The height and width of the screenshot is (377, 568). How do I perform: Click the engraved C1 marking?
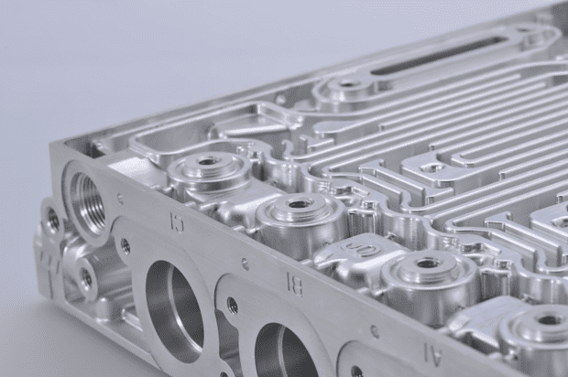coord(177,220)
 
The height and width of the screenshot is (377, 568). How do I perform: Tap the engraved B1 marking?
coord(294,283)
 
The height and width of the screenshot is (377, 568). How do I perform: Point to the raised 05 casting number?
coord(364,249)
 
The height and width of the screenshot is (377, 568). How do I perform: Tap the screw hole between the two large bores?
coord(232,306)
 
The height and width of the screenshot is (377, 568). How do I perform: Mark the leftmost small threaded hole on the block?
coord(53,220)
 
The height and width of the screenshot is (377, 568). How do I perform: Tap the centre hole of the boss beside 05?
coord(427,264)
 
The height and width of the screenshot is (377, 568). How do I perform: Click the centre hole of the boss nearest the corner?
coord(209,162)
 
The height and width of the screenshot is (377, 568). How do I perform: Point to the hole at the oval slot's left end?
coord(349,84)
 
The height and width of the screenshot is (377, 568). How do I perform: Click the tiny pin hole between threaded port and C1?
coord(120,198)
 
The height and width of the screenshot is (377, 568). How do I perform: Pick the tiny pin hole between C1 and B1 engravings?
coord(245,264)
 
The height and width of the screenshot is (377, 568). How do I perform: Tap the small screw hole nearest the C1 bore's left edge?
coord(126,245)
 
